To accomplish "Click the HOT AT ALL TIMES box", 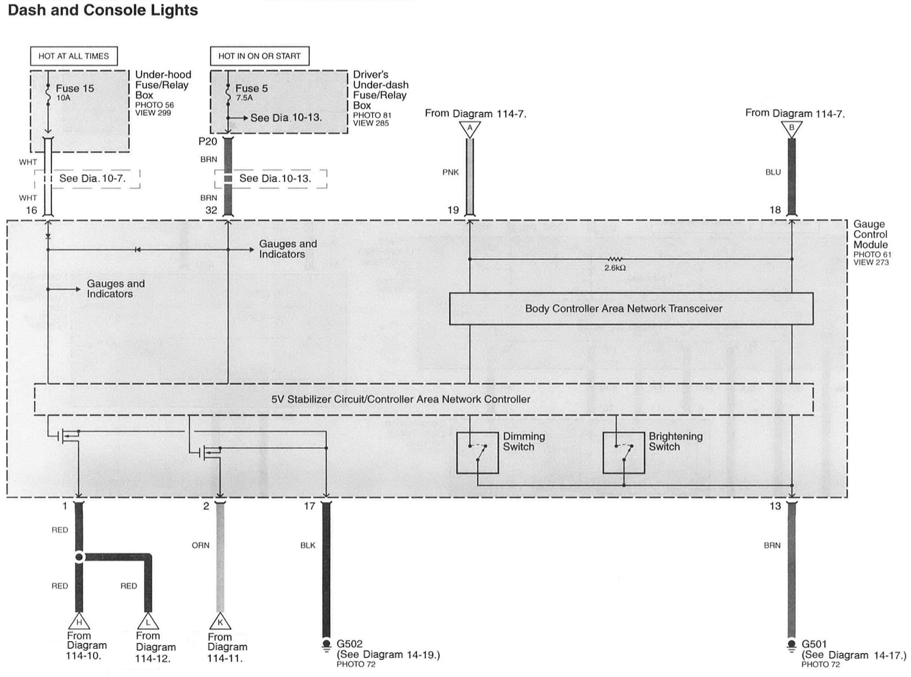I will click(x=74, y=56).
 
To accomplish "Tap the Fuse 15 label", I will click(x=75, y=89).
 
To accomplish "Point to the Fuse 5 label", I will click(x=252, y=89).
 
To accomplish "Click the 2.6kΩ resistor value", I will click(x=614, y=268).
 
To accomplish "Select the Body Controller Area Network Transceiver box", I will click(x=631, y=309).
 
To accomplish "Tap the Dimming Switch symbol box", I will click(x=477, y=452).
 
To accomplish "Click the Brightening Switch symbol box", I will click(x=623, y=452).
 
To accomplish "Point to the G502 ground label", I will click(x=349, y=644).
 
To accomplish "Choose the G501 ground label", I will click(x=814, y=644).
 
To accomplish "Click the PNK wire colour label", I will click(x=450, y=172).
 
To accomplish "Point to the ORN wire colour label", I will click(x=200, y=546).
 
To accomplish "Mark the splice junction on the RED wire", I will click(x=79, y=557).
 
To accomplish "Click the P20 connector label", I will click(x=208, y=142).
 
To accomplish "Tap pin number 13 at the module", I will click(x=775, y=506).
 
